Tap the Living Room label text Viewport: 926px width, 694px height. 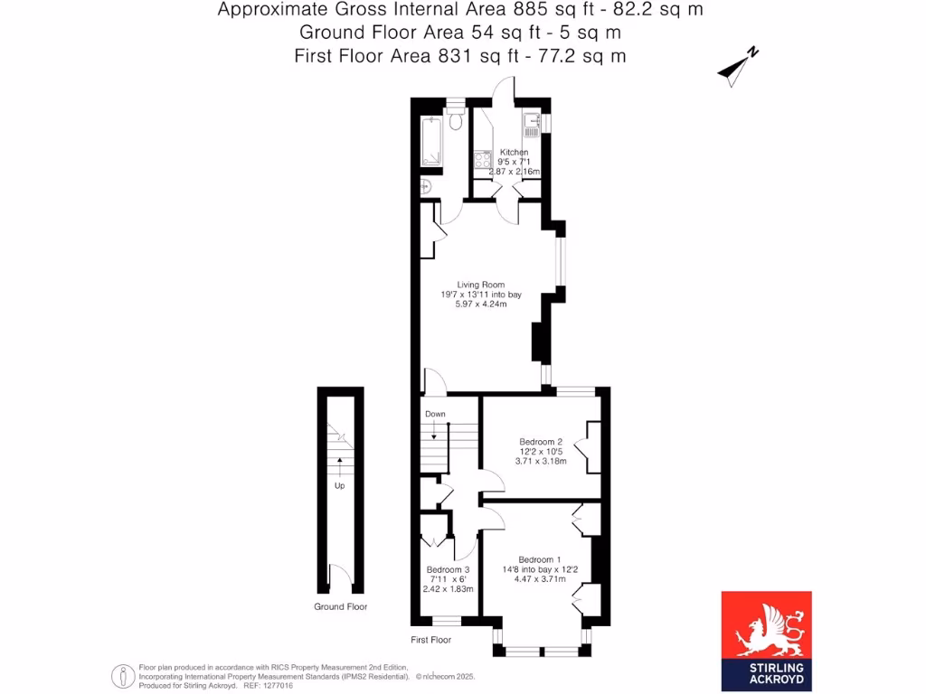[482, 285]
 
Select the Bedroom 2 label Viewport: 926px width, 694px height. [541, 442]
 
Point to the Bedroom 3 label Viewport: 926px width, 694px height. [449, 570]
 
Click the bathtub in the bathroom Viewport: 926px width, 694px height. [433, 142]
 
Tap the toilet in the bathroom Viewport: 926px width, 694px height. [456, 120]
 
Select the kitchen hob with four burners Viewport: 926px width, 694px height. [481, 159]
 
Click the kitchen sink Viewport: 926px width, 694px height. [531, 124]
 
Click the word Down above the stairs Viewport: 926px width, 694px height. [436, 414]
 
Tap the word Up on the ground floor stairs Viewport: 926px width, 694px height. [340, 485]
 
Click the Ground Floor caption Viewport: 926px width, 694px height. [341, 607]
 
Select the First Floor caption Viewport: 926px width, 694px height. [430, 640]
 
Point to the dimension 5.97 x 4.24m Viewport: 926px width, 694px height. [482, 305]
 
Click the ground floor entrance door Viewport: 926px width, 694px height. [339, 576]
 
